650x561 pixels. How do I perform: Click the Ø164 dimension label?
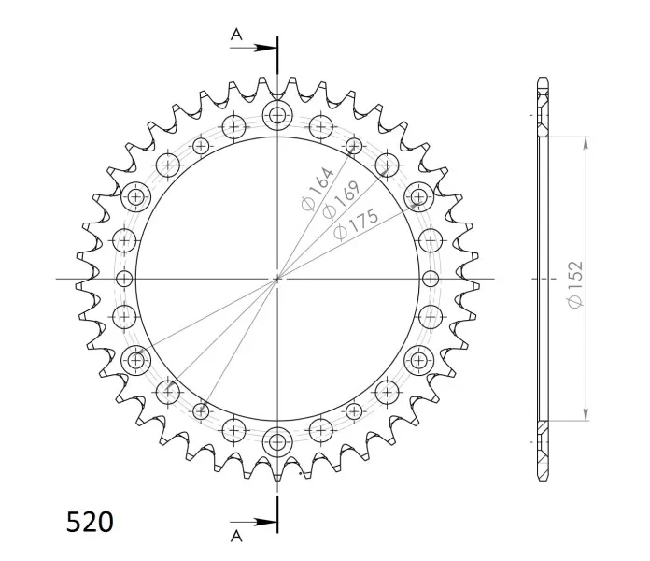pos(318,189)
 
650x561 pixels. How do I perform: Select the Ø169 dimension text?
pos(341,199)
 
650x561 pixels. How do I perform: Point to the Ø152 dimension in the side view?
pos(576,284)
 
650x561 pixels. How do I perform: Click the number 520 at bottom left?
pos(90,522)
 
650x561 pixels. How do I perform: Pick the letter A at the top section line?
pos(236,35)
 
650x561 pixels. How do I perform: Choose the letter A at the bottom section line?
pos(236,536)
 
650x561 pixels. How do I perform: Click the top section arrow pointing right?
pos(253,48)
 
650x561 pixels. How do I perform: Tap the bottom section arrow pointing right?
pos(253,522)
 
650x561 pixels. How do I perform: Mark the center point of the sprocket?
pos(277,279)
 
